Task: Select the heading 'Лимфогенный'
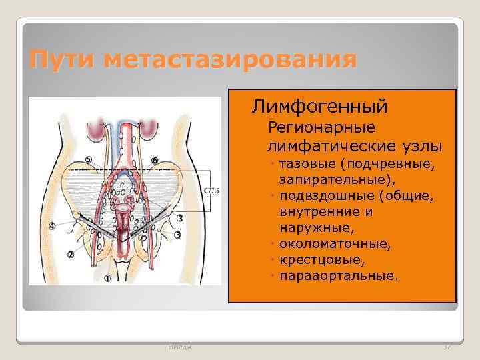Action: (x=320, y=106)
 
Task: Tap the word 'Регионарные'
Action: (x=321, y=127)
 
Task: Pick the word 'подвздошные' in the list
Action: (x=327, y=196)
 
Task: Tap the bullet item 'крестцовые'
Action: (x=323, y=259)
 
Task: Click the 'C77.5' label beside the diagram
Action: (x=211, y=191)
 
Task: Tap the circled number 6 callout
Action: (x=155, y=160)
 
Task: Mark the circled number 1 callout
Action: (x=108, y=278)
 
